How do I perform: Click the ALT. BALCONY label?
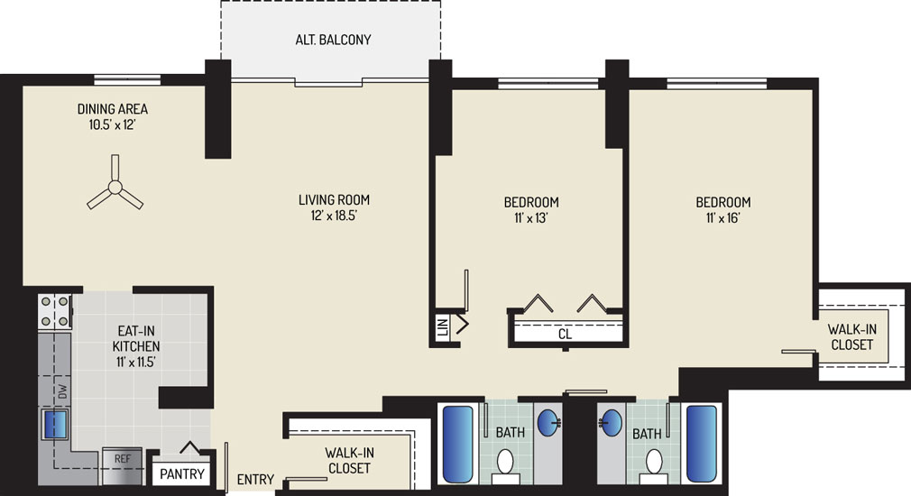coord(333,40)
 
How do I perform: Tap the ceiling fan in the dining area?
coord(115,187)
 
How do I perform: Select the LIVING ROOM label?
coord(334,200)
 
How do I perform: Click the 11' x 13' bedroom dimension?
coord(531,218)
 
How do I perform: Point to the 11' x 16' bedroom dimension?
coord(723,218)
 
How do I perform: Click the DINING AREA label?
coord(113,108)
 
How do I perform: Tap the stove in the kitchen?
coord(55,311)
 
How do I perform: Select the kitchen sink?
coord(54,424)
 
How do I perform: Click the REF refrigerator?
coord(122,466)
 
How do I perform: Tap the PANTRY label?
coord(182,474)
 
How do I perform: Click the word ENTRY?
coord(255,479)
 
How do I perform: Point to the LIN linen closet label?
coord(443,328)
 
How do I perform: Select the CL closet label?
coord(565,334)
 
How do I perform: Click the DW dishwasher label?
coord(63,391)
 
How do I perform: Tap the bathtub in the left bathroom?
coord(458,445)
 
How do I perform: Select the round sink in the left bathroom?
coord(548,422)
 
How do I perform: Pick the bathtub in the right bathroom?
coord(702,445)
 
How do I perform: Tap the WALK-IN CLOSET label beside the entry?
coord(349,461)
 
